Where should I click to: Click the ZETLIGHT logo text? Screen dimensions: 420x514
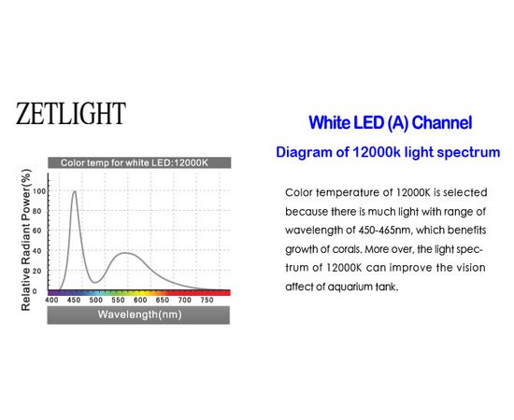[x=70, y=114]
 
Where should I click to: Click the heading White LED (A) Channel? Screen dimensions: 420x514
[x=390, y=122]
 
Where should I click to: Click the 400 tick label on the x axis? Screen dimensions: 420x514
[x=52, y=301]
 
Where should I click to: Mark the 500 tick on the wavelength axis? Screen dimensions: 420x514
[x=96, y=301]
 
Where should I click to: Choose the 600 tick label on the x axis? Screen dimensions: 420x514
[x=139, y=301]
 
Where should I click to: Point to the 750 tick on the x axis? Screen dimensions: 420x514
[x=206, y=301]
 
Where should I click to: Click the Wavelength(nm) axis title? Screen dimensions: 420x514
[x=139, y=315]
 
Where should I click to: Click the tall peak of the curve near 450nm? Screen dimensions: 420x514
[x=75, y=191]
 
